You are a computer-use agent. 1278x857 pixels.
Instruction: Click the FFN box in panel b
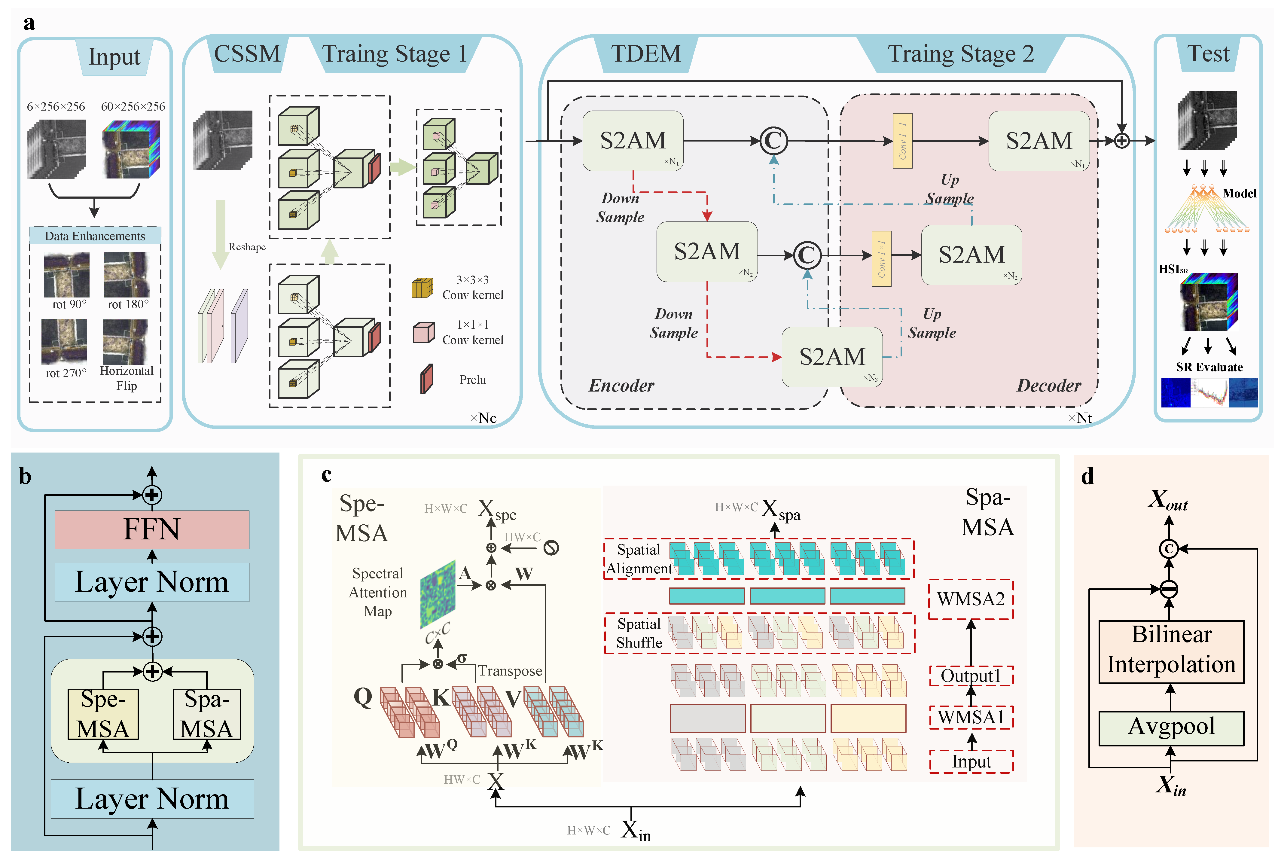pos(151,529)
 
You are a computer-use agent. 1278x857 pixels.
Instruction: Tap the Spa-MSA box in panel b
pos(206,713)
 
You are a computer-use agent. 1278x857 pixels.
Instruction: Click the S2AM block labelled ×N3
pos(831,357)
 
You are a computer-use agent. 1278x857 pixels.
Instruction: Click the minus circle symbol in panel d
pos(1169,589)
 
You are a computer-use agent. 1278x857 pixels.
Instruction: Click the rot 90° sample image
pos(67,274)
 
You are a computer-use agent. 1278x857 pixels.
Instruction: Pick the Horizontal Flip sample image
pos(125,342)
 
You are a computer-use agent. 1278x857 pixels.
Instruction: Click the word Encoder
pos(621,386)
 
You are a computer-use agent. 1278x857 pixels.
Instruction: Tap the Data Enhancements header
pos(95,236)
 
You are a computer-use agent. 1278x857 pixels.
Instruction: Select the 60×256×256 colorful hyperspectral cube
pos(131,149)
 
